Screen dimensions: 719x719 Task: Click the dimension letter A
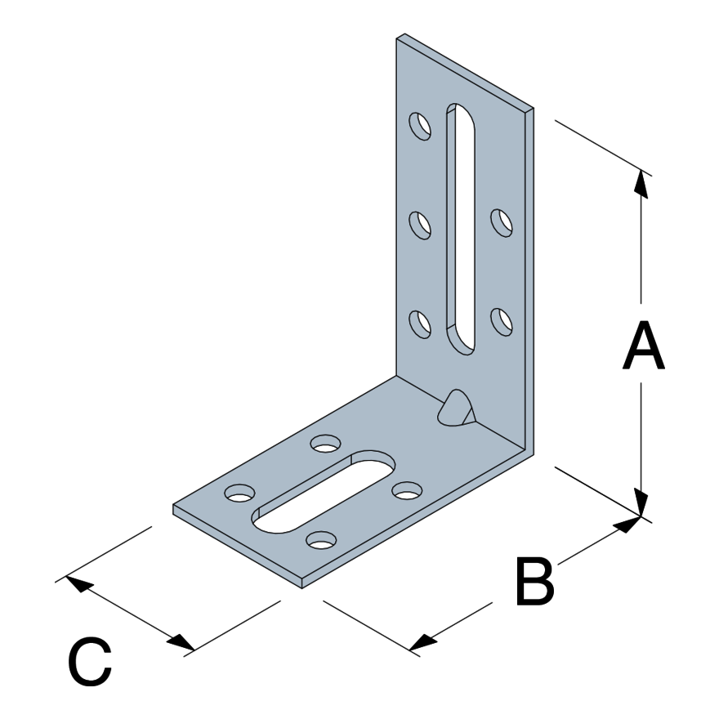pos(643,346)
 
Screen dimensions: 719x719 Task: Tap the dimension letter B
pos(535,582)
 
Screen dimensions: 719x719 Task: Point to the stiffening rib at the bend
pos(456,407)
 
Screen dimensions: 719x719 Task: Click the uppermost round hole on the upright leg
pos(420,126)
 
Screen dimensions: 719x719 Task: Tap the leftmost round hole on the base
pos(239,493)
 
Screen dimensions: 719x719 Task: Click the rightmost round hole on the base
pos(406,490)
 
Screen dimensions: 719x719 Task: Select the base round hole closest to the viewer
pos(322,540)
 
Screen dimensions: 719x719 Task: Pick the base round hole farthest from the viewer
pos(326,444)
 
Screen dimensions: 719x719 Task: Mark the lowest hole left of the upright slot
pos(420,324)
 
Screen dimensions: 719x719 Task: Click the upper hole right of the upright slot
pos(501,222)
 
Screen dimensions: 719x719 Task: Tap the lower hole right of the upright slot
pos(501,321)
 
